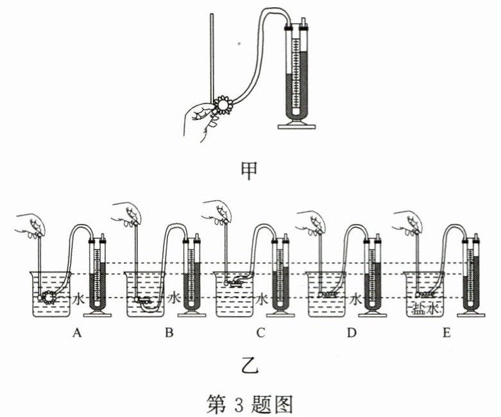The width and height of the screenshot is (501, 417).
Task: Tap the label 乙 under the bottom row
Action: tap(251, 365)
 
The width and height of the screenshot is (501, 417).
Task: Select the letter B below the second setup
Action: tap(169, 332)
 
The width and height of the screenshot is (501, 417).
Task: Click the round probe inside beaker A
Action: tap(47, 296)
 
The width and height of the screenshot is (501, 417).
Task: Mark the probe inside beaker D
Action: tap(328, 294)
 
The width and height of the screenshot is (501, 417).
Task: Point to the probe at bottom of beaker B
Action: tap(143, 300)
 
